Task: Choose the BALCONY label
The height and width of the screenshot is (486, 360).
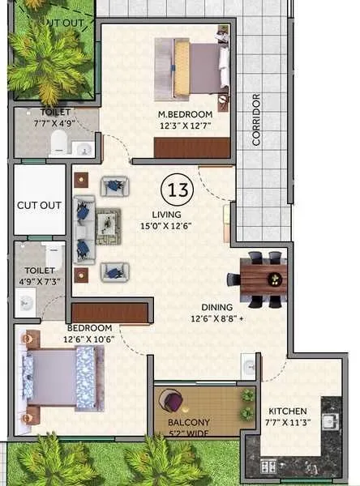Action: coord(189,422)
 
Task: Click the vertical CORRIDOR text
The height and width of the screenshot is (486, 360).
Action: coord(256,119)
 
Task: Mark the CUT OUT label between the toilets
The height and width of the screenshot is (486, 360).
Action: coord(39,205)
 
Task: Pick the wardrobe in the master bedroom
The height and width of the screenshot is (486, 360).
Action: coord(191,147)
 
